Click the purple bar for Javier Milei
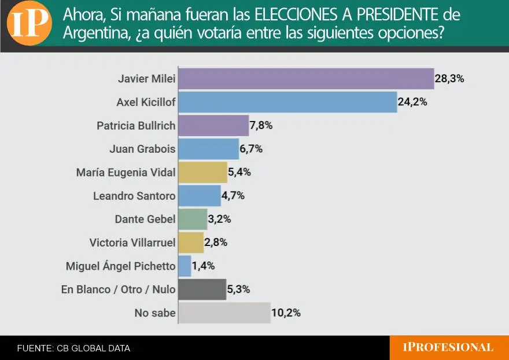[x=305, y=79]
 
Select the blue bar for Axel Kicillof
[x=287, y=102]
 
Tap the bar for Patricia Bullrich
[x=213, y=126]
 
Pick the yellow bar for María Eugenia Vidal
[x=202, y=172]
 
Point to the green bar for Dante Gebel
[x=192, y=219]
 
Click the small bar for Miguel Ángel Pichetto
[x=185, y=266]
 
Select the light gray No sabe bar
[x=224, y=313]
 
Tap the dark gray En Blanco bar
[x=202, y=289]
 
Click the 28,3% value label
[x=449, y=79]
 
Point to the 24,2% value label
[x=412, y=102]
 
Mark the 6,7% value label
[x=251, y=149]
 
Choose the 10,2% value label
[x=286, y=313]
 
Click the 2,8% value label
[x=216, y=243]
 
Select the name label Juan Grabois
[x=142, y=149]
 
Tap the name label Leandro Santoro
[x=134, y=196]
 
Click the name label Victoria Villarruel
[x=132, y=243]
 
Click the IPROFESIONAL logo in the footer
[x=448, y=347]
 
